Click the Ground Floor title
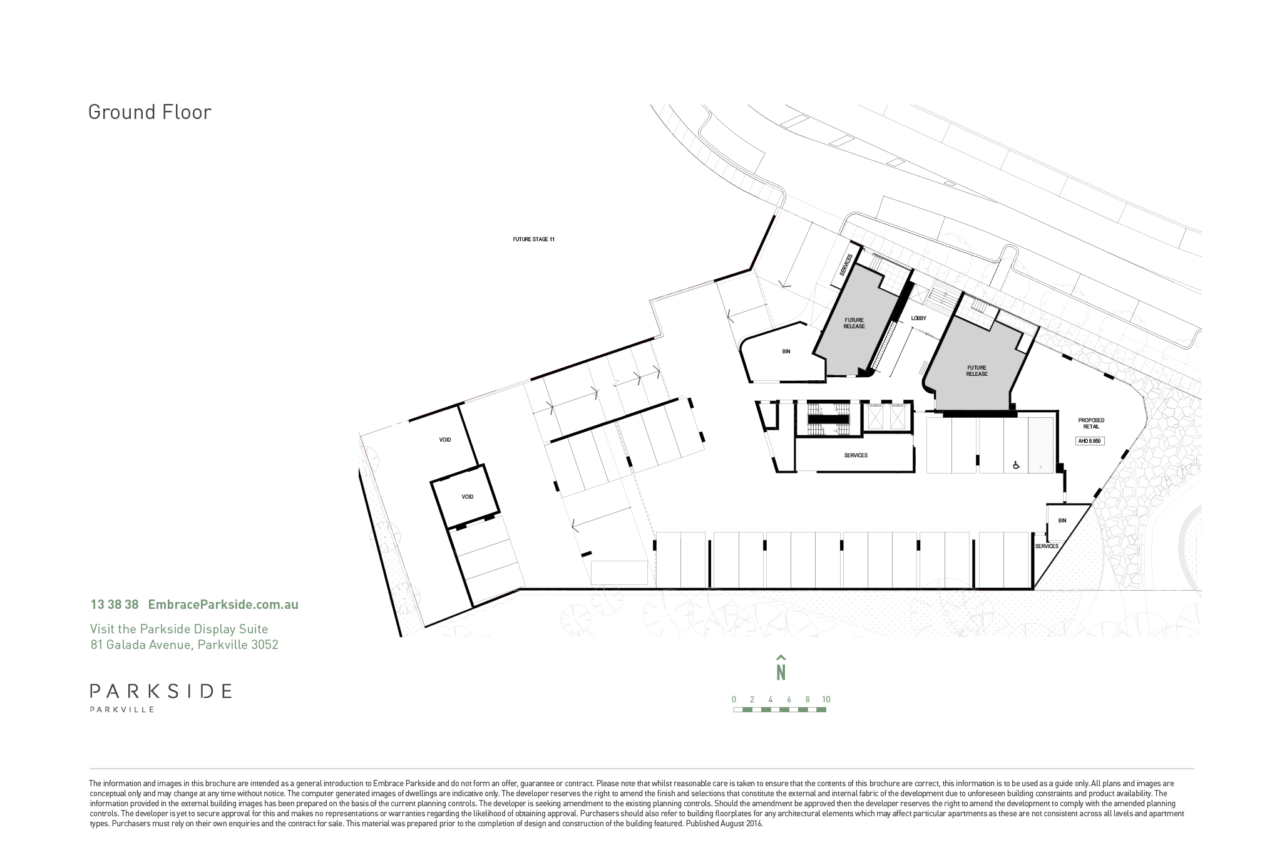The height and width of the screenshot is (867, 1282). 150,112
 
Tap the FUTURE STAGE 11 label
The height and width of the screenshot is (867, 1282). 534,239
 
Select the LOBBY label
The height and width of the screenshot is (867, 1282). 919,318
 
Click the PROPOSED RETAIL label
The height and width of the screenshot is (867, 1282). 1091,423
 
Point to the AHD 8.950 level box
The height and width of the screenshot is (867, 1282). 1090,441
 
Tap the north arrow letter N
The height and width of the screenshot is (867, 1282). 781,672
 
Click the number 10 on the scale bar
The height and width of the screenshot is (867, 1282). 826,700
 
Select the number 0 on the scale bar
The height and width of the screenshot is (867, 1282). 734,700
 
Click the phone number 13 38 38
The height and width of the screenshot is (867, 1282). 115,605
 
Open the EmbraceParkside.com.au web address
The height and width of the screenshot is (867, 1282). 223,605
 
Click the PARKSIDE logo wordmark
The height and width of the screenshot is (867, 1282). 161,691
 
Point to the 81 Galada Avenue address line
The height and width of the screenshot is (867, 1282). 184,645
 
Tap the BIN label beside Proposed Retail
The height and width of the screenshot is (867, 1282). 1062,521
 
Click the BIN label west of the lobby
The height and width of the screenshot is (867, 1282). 786,351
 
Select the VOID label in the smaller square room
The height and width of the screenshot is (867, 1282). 468,497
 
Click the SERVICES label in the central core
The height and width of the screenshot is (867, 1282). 856,455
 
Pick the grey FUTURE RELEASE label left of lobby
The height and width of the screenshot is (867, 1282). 854,323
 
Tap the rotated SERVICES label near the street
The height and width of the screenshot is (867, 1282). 846,266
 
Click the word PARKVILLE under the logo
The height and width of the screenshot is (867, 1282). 122,710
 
